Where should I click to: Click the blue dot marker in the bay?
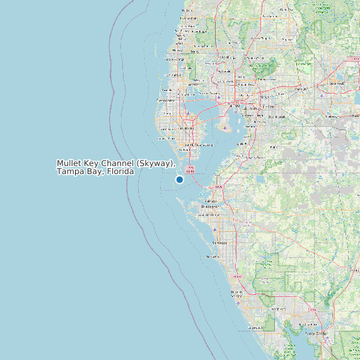[x=179, y=180]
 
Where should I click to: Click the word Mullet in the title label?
[x=68, y=163]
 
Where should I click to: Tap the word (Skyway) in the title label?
[x=155, y=163]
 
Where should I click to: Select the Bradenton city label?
[x=210, y=207]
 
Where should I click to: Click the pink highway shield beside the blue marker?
[x=190, y=170]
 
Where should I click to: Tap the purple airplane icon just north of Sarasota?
[x=217, y=230]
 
